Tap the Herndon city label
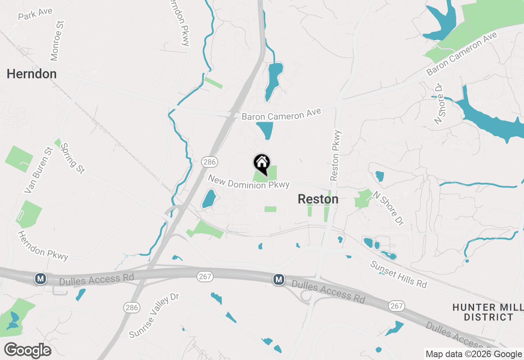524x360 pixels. point(32,74)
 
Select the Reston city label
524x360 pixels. point(318,199)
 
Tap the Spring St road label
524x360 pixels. point(72,158)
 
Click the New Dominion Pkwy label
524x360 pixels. point(248,182)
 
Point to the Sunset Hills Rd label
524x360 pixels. point(398,274)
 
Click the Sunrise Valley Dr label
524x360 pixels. point(154,315)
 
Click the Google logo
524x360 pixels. point(27,351)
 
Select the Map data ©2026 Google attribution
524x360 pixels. point(474,354)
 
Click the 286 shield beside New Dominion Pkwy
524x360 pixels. point(209,162)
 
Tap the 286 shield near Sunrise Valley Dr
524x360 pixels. point(132,308)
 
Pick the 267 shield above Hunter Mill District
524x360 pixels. point(397,306)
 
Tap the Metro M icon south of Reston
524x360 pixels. point(279,279)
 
